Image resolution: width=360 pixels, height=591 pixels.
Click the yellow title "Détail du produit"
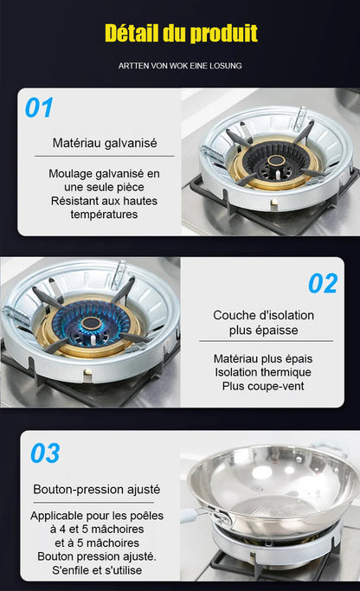click(181, 33)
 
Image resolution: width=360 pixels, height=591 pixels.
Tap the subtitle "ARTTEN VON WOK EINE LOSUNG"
click(180, 66)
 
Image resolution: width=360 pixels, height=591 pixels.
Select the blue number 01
click(39, 108)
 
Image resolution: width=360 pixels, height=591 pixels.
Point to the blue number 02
click(323, 284)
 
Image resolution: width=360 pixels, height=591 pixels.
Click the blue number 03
click(45, 453)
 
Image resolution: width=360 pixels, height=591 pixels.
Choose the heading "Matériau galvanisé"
click(105, 144)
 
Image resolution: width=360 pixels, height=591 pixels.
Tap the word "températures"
click(104, 215)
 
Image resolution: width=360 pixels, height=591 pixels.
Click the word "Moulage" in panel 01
click(70, 174)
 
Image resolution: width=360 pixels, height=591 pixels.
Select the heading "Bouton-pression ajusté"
click(97, 489)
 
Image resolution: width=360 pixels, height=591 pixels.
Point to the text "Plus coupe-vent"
click(263, 386)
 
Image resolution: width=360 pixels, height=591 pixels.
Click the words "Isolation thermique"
click(263, 372)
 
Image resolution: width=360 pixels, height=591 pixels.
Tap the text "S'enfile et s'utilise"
click(97, 570)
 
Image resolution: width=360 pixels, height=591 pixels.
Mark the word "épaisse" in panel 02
click(280, 331)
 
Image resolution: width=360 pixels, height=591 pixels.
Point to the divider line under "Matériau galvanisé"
click(105, 156)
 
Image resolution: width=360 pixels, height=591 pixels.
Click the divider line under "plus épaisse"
click(266, 341)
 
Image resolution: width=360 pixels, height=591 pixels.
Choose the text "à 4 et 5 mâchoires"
click(97, 530)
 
